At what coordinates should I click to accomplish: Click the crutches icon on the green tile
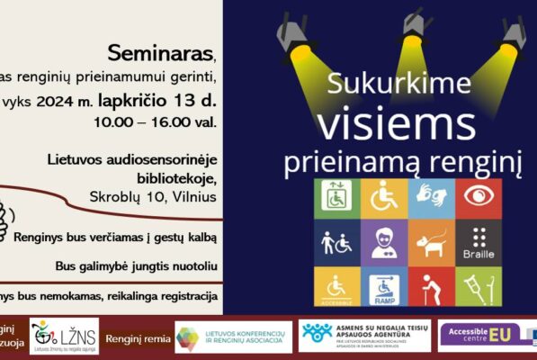pyautogui.click(x=479, y=286)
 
